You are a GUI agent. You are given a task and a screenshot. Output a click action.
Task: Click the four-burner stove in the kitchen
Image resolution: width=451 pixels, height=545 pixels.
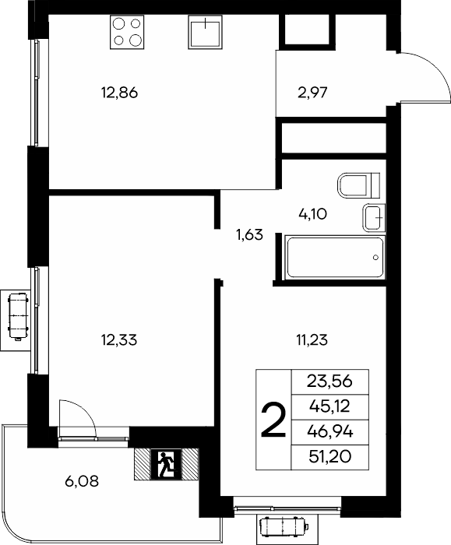[127, 32]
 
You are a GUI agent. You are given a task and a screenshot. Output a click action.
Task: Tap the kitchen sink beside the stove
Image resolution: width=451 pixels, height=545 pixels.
[205, 32]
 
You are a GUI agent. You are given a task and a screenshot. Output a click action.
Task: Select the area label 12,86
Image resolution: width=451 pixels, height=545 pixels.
[120, 93]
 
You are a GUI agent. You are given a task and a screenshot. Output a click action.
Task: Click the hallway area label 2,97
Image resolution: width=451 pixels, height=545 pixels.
[312, 93]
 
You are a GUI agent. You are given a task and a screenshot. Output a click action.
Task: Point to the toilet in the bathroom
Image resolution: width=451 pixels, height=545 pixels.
[358, 185]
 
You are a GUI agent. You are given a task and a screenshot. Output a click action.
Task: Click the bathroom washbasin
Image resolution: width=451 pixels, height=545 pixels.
[374, 218]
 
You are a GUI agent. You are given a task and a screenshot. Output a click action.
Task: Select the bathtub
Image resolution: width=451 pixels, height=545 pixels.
[335, 257]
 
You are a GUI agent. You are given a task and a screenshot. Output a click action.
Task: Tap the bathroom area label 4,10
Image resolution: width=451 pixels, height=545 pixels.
[312, 214]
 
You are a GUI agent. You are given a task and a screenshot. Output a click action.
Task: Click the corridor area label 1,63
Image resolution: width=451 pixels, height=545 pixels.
[250, 235]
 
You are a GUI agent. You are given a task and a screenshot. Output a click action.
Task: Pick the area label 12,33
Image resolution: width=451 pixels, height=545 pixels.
[119, 340]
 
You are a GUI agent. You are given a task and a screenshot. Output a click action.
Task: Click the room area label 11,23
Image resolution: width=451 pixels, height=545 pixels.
[312, 340]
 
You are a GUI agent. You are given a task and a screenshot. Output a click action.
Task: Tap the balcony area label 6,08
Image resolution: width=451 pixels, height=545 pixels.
[82, 481]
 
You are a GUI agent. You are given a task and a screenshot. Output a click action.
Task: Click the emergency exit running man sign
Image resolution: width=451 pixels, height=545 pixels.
[166, 464]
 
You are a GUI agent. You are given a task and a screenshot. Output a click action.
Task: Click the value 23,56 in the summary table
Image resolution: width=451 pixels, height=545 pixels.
[329, 381]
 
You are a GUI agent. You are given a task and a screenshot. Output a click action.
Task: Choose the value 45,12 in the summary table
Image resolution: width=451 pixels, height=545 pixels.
[329, 406]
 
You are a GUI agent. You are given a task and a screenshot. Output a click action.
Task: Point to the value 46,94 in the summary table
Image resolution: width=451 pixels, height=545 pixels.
[330, 432]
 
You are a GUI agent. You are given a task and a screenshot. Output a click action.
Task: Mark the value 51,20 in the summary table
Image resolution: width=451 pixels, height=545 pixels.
[330, 457]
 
